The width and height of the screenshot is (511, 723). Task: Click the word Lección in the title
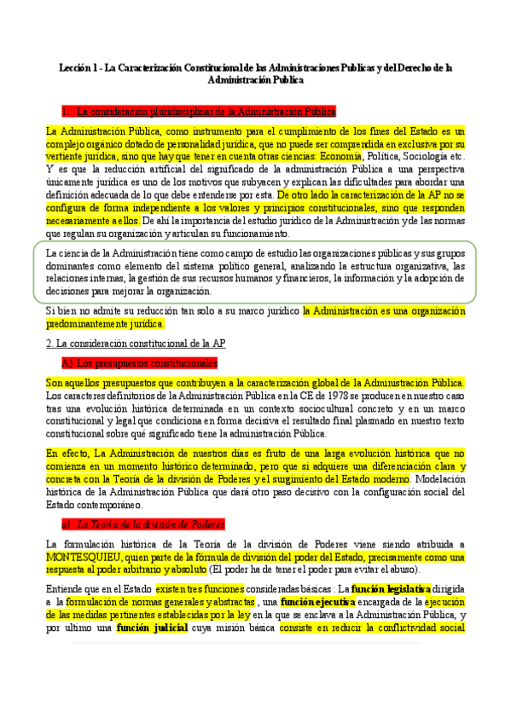pyautogui.click(x=74, y=65)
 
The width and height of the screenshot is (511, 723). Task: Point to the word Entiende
pyautogui.click(x=64, y=588)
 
